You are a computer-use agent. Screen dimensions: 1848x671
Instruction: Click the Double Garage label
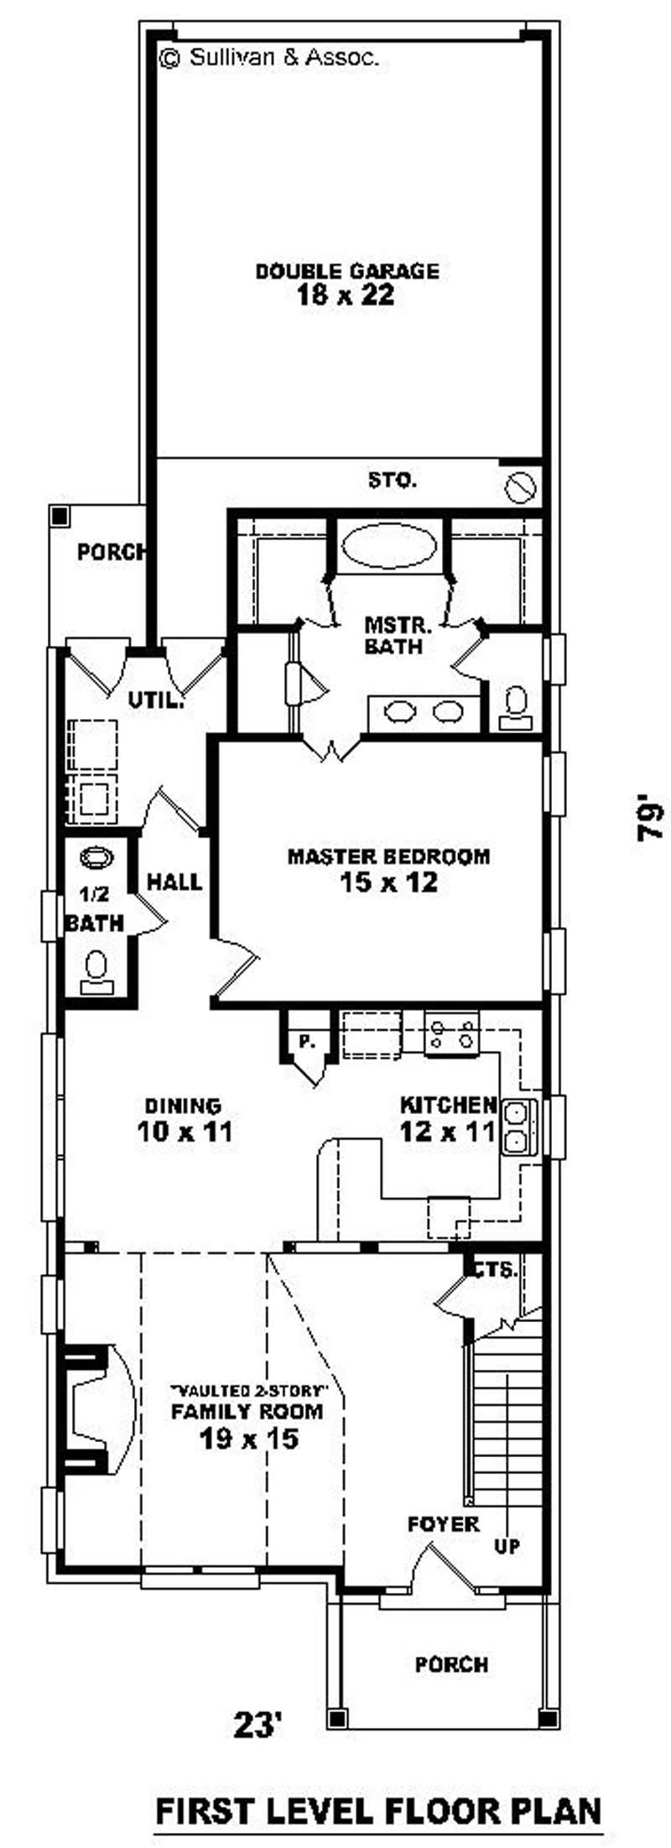tap(346, 271)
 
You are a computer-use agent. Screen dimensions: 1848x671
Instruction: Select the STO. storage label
tap(392, 481)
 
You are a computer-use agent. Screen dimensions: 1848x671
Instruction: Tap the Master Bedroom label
tap(388, 856)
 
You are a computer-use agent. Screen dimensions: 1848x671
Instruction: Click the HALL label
tap(174, 882)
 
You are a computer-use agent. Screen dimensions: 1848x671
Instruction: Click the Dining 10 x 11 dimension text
tap(185, 1132)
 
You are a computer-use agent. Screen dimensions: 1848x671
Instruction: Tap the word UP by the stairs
tap(507, 1546)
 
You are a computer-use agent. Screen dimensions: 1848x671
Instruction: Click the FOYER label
tap(444, 1523)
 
